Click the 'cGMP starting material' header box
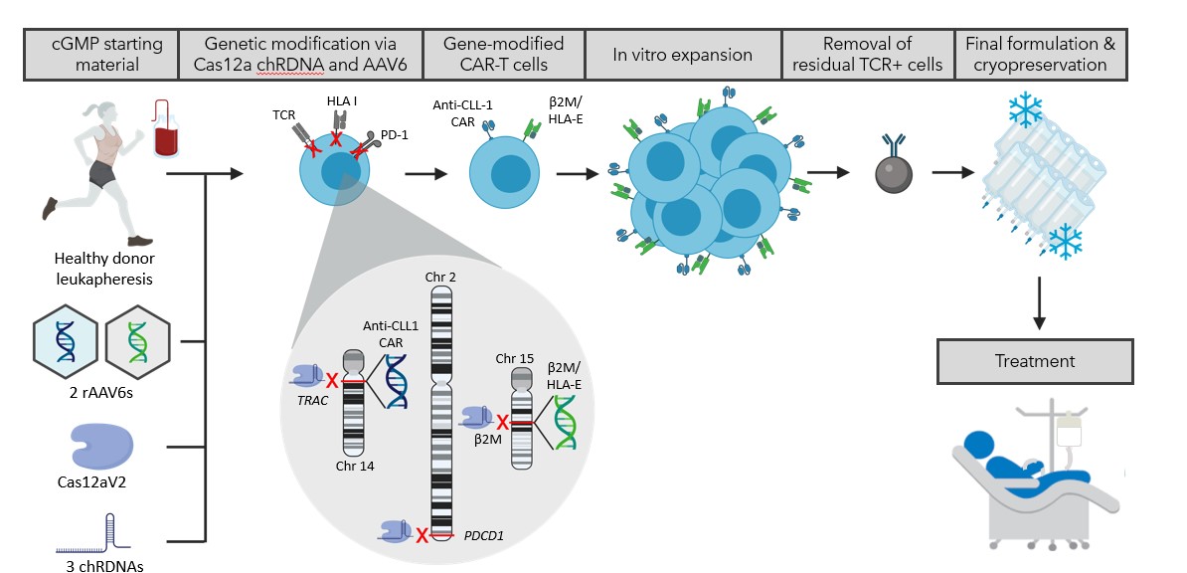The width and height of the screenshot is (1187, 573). coord(99,55)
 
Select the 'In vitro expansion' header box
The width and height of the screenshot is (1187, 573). coord(682,55)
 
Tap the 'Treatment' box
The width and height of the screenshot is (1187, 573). coord(1034,362)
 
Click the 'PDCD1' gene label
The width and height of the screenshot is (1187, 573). coord(483,534)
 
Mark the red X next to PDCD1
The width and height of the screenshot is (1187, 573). coord(423,536)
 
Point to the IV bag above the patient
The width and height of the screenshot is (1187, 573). coord(1070,429)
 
